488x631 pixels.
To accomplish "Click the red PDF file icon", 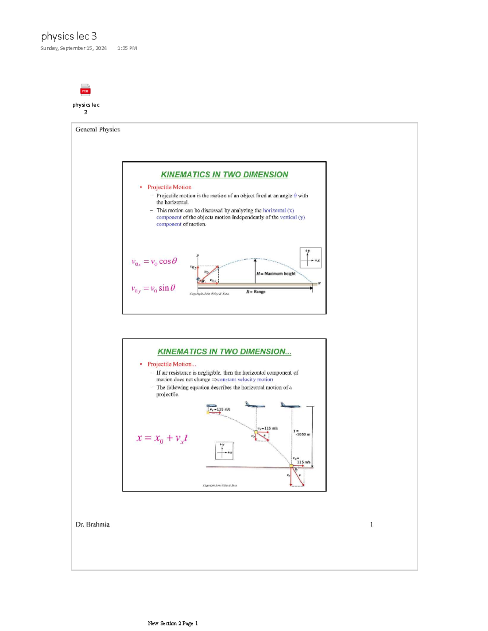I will pos(85,89).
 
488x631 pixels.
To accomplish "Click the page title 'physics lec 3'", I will pos(69,36).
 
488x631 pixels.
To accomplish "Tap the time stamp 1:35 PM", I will pos(127,48).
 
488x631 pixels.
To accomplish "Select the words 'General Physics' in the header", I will pos(98,130).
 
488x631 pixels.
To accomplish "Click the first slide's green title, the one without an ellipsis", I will pos(224,175).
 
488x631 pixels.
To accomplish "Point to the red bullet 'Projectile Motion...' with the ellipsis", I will pos(171,364).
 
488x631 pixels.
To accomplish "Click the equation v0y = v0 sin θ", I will pos(153,288).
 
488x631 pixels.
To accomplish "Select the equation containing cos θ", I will pos(154,262).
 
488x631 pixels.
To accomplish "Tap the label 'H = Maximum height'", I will pos(276,273).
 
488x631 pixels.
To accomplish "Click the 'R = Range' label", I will pos(256,292).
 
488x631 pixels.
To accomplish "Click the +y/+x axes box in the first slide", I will pos(310,258).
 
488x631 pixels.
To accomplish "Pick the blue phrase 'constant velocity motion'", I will pos(245,379).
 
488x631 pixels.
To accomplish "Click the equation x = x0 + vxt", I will pos(162,438).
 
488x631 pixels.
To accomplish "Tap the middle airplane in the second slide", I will pos(255,405).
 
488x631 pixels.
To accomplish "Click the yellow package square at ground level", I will pos(292,466).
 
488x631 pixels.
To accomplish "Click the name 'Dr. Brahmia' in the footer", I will pos(92,525).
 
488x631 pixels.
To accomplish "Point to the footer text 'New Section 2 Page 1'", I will pos(173,623).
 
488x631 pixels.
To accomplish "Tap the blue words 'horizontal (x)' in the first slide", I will pos(279,210).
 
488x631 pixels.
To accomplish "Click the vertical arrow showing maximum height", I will pos(255,271).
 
